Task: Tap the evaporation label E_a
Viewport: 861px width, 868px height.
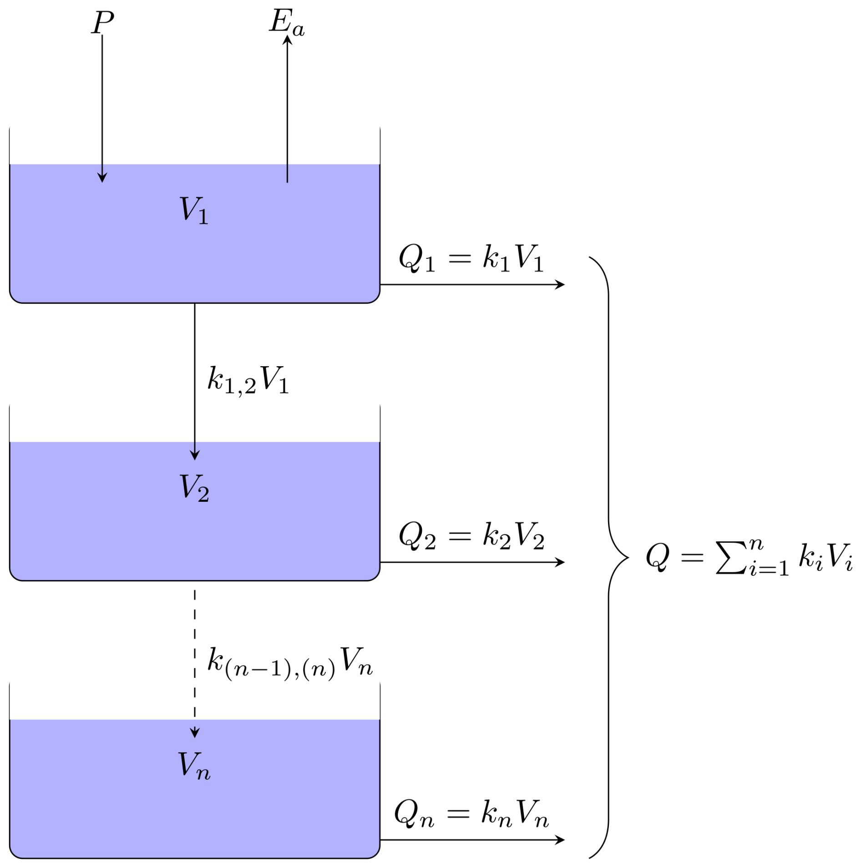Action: click(286, 23)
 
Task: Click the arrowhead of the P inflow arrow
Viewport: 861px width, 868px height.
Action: click(102, 178)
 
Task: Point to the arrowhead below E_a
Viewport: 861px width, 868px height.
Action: click(287, 40)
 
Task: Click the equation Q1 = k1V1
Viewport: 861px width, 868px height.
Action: click(471, 258)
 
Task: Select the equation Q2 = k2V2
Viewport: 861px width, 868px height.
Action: click(471, 535)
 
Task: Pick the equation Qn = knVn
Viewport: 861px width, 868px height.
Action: click(471, 813)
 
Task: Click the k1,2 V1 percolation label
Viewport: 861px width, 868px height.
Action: click(248, 379)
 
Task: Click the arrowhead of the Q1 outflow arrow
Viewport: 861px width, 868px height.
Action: click(561, 285)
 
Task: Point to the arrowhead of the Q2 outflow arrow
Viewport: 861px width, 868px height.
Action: click(561, 562)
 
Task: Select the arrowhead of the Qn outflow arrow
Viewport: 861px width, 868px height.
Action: click(561, 840)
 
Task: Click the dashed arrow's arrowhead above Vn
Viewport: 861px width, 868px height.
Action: click(195, 733)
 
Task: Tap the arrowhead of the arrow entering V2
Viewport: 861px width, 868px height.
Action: click(195, 455)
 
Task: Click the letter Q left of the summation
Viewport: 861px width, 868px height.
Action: click(658, 556)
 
